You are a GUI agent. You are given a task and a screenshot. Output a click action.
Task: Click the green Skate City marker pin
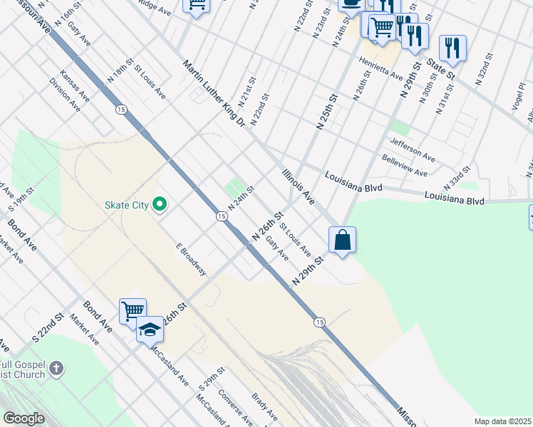tap(160, 205)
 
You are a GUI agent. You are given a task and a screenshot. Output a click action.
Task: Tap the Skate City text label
tap(126, 206)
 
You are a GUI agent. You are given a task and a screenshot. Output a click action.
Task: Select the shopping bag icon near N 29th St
tap(343, 239)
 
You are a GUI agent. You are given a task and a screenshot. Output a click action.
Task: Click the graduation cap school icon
tap(150, 330)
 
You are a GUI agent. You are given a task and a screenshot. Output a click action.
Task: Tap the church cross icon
tap(57, 369)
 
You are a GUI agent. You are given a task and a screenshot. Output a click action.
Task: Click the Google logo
tap(24, 418)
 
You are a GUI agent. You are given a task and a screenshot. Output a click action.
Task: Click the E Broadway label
tap(192, 260)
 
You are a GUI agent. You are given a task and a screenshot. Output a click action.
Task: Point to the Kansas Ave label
tap(74, 84)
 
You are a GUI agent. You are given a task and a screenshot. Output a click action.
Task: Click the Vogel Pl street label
tap(518, 95)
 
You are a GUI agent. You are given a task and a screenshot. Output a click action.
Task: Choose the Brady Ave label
tap(264, 405)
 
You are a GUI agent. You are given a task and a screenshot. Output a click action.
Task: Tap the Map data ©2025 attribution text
tap(502, 421)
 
